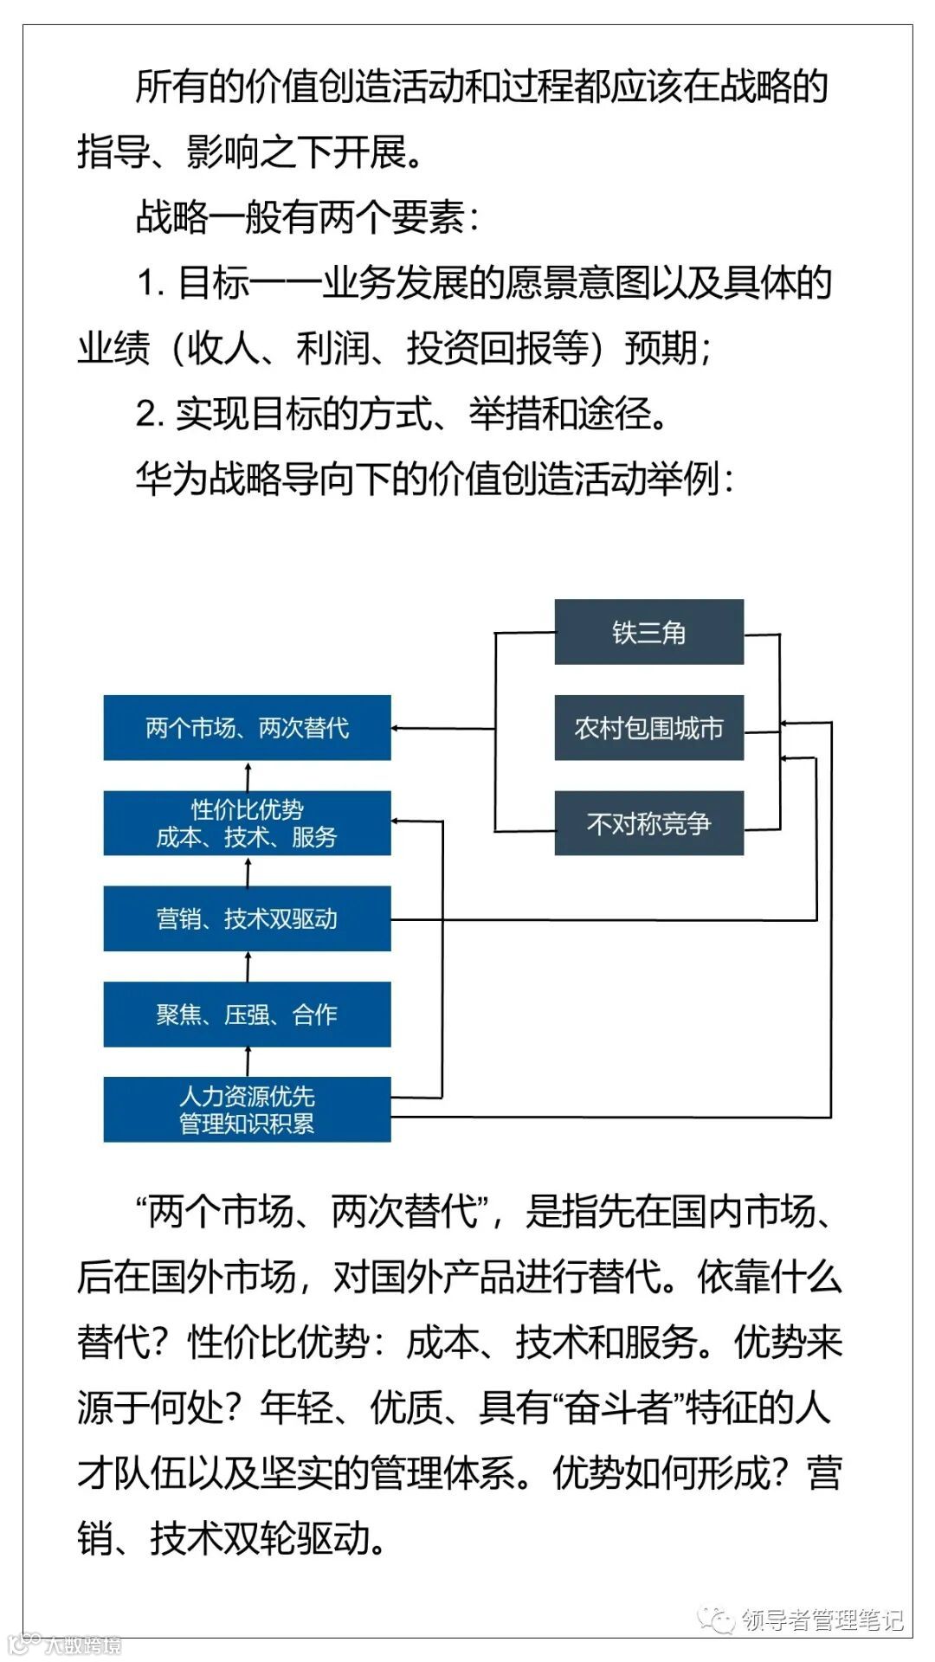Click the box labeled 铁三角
[x=648, y=632]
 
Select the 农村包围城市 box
[x=648, y=728]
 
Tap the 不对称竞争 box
[x=648, y=823]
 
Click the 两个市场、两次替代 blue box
[x=247, y=728]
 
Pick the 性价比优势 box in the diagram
[x=247, y=823]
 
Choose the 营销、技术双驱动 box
[x=247, y=918]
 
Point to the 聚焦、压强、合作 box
[x=247, y=1015]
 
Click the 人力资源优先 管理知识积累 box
[x=247, y=1110]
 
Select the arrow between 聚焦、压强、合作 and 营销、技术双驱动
[x=248, y=966]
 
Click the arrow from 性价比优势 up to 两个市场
[x=248, y=775]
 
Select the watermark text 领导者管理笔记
[x=822, y=1619]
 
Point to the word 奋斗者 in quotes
[x=616, y=1408]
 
